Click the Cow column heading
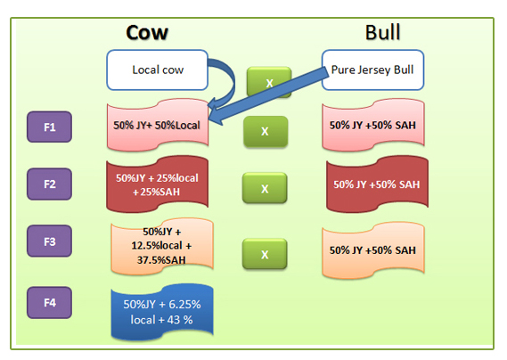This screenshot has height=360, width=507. (x=147, y=33)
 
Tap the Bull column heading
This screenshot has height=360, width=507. (x=383, y=32)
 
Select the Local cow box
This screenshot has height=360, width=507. (x=157, y=70)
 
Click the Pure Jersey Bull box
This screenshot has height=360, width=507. (x=372, y=70)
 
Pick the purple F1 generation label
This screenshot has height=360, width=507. (x=50, y=127)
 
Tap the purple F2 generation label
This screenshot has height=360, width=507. (x=50, y=184)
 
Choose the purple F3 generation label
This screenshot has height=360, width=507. (x=50, y=241)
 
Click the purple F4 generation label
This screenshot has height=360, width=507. (x=50, y=303)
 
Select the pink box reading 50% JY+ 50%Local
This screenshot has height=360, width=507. (x=158, y=125)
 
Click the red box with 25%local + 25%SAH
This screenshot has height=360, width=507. (x=157, y=184)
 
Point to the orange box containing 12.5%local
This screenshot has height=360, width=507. (x=161, y=246)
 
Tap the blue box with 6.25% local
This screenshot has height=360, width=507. (x=162, y=312)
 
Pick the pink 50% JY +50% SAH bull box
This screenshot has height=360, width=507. (x=373, y=125)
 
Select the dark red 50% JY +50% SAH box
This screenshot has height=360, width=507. (x=377, y=184)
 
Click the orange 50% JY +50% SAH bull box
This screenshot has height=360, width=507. (x=373, y=250)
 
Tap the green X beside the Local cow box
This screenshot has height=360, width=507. (x=269, y=83)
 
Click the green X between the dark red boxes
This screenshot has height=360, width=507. (x=265, y=188)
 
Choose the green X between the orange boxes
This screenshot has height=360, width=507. (x=265, y=254)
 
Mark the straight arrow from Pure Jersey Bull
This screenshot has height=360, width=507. (x=268, y=95)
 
